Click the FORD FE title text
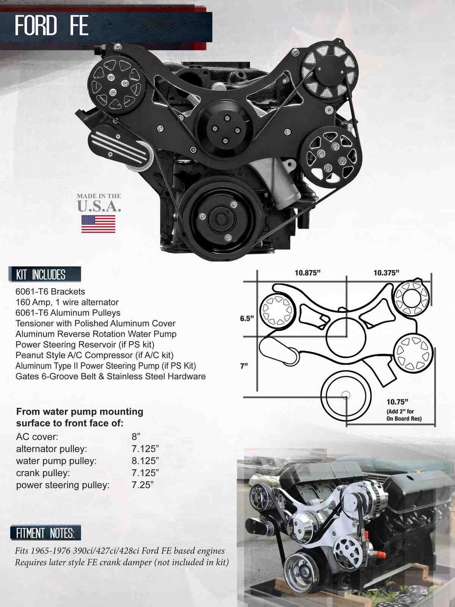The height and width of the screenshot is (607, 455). [x=52, y=26]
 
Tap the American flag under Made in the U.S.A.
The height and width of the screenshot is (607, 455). [x=98, y=224]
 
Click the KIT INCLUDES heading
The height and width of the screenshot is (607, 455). [x=41, y=275]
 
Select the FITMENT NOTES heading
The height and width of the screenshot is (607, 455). [x=45, y=533]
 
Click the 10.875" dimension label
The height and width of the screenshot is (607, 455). [x=308, y=273]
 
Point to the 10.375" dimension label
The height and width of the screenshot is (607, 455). [x=386, y=273]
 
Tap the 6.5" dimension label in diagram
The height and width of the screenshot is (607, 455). [x=246, y=319]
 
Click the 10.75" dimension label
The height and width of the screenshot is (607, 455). [x=397, y=402]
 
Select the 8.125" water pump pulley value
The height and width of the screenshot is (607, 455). [x=145, y=461]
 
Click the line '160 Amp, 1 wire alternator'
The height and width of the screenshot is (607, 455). [x=67, y=302]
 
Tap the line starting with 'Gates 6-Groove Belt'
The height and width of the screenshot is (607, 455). [x=110, y=376]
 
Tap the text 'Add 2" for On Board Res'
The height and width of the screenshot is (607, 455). [x=404, y=415]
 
